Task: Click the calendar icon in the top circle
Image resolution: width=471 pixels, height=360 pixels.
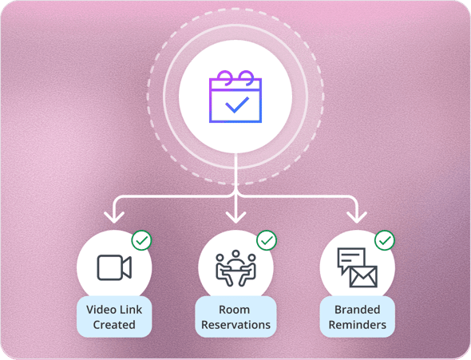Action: coord(235,97)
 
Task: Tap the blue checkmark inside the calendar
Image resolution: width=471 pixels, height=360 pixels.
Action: coord(237,105)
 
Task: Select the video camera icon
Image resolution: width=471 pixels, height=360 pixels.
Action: coord(114,267)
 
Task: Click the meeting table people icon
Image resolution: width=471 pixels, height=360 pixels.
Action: coord(235,268)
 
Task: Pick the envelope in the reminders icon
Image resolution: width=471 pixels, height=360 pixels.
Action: coord(363,276)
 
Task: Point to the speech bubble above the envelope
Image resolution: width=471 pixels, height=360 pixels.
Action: coord(350,260)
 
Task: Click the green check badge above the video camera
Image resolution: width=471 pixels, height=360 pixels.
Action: coord(142,240)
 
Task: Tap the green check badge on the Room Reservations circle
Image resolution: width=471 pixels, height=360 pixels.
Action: coord(267,240)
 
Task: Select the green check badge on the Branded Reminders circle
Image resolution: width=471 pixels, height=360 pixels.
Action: coord(385,240)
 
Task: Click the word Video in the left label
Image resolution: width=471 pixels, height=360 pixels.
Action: coord(101,310)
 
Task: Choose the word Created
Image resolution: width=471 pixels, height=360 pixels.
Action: coord(114,325)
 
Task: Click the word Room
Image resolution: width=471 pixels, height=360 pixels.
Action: coord(234,310)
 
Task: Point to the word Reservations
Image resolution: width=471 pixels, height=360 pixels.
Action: coord(235,325)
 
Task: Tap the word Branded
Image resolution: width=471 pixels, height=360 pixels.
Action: coord(358,310)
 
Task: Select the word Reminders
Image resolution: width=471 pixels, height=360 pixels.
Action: coord(358,325)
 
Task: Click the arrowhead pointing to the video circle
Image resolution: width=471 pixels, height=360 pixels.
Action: coord(114,218)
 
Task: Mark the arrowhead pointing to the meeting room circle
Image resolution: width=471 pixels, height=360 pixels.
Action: coord(235,218)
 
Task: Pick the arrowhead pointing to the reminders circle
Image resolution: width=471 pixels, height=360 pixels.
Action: coord(357,218)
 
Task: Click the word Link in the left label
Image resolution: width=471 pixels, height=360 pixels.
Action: coord(130,310)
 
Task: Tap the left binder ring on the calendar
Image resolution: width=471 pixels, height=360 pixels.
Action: coord(225,77)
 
